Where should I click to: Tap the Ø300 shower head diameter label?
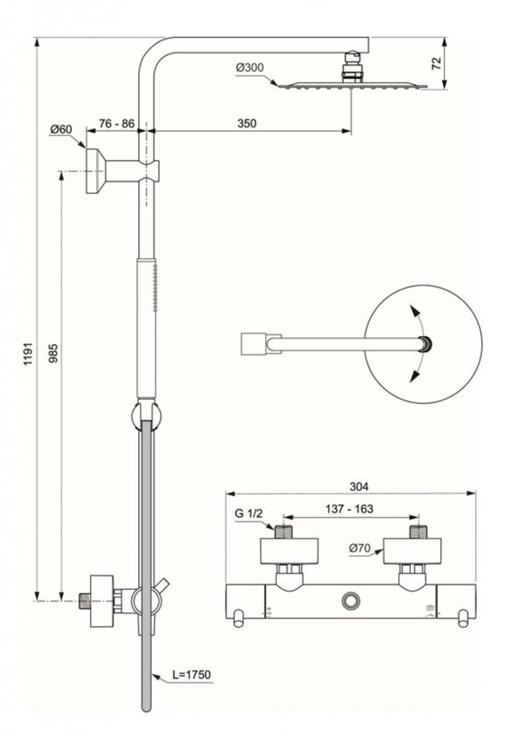(x=249, y=68)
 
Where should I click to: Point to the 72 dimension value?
(x=436, y=63)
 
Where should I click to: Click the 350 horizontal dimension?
(x=247, y=124)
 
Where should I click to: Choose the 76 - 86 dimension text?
(x=116, y=124)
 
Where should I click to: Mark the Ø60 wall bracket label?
(x=61, y=129)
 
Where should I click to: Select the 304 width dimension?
(x=350, y=485)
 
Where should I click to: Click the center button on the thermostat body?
(x=351, y=599)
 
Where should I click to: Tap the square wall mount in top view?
(x=251, y=344)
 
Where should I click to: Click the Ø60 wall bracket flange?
(x=95, y=171)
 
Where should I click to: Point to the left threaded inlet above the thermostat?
(x=285, y=533)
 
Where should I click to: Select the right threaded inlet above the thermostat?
(x=418, y=533)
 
